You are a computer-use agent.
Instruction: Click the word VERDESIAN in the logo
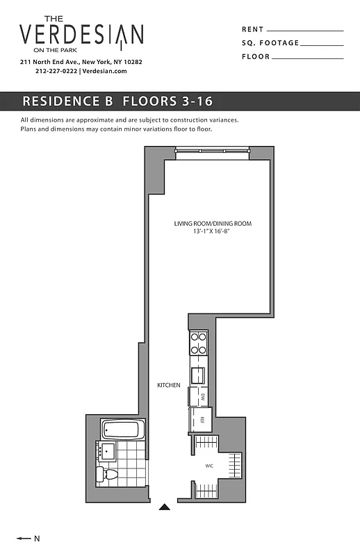click(81, 34)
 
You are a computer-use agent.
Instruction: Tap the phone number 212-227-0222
click(56, 71)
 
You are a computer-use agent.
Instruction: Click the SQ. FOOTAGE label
click(270, 43)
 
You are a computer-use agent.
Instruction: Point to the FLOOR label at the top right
click(255, 56)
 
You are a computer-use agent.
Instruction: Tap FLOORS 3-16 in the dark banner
click(167, 101)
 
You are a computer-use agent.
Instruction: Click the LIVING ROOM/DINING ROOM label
click(213, 224)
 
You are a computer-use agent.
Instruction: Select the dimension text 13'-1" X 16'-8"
click(213, 231)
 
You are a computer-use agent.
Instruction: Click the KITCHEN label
click(169, 385)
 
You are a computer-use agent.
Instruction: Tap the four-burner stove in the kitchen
click(199, 342)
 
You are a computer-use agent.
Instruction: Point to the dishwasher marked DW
click(200, 396)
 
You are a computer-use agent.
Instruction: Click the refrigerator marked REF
click(201, 419)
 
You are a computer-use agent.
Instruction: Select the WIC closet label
click(208, 466)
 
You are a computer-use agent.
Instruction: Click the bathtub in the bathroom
click(122, 429)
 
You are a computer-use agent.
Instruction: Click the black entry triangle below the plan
click(164, 507)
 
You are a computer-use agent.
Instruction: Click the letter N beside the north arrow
click(38, 539)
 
